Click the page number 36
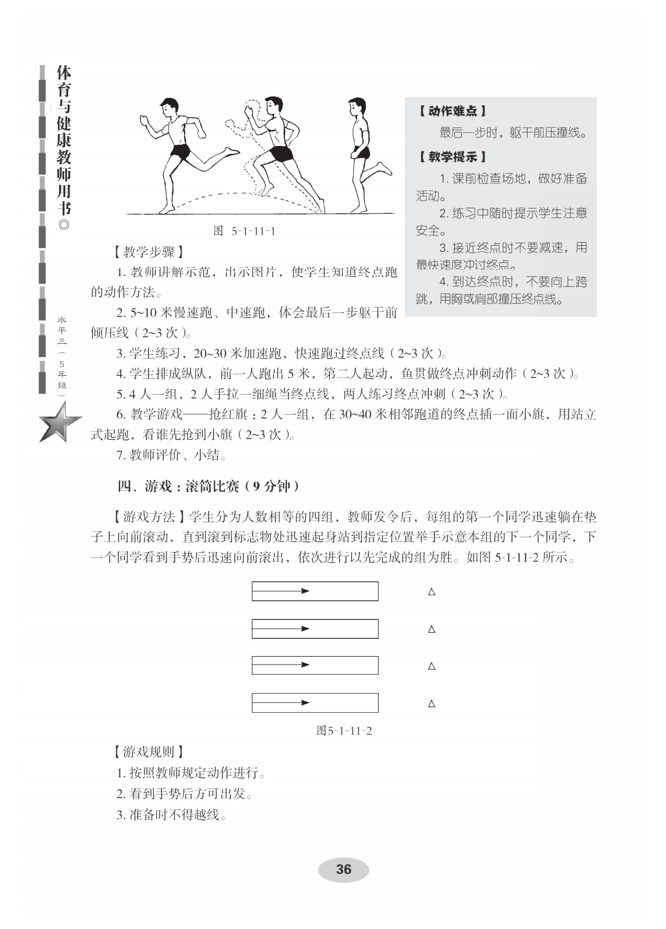pyautogui.click(x=343, y=869)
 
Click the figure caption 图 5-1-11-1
pyautogui.click(x=244, y=232)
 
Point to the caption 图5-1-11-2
pyautogui.click(x=344, y=731)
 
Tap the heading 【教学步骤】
pyautogui.click(x=148, y=252)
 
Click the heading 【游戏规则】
pyautogui.click(x=148, y=752)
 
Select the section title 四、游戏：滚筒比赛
pyautogui.click(x=209, y=487)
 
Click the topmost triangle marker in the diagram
pyautogui.click(x=431, y=592)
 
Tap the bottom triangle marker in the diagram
pyautogui.click(x=431, y=704)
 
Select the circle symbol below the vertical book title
pyautogui.click(x=63, y=224)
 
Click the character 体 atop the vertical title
pyautogui.click(x=63, y=73)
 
